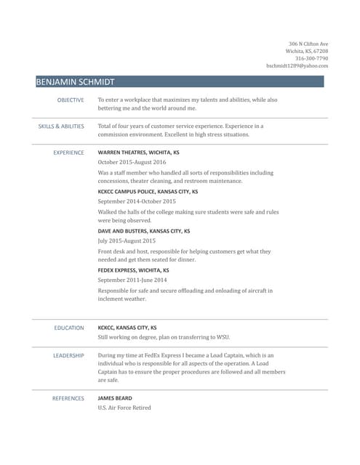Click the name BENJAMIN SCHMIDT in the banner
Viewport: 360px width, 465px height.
click(76, 81)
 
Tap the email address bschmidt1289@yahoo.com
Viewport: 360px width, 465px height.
click(297, 65)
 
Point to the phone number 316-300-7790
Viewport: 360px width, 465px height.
click(311, 58)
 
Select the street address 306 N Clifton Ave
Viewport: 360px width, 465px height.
click(308, 44)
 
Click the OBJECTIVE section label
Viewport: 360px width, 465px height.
click(71, 100)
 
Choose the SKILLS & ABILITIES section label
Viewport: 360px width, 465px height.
click(61, 126)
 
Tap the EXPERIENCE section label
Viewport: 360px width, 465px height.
click(68, 153)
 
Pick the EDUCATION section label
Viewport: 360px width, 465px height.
click(69, 328)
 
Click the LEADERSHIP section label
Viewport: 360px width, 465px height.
click(68, 355)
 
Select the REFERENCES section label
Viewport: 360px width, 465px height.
click(68, 398)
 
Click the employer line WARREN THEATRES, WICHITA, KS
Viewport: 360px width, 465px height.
click(138, 153)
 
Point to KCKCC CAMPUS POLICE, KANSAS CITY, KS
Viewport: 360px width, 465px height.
click(148, 191)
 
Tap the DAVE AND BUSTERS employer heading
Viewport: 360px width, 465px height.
click(144, 230)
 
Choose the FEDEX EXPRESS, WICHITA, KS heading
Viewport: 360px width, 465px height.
click(134, 270)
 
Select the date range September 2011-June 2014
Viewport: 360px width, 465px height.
click(132, 280)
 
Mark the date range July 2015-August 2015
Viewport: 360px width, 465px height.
click(127, 240)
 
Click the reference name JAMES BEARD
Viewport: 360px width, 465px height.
click(115, 398)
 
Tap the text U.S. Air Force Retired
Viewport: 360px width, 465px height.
click(124, 408)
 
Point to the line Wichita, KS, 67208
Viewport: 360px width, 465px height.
click(307, 51)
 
